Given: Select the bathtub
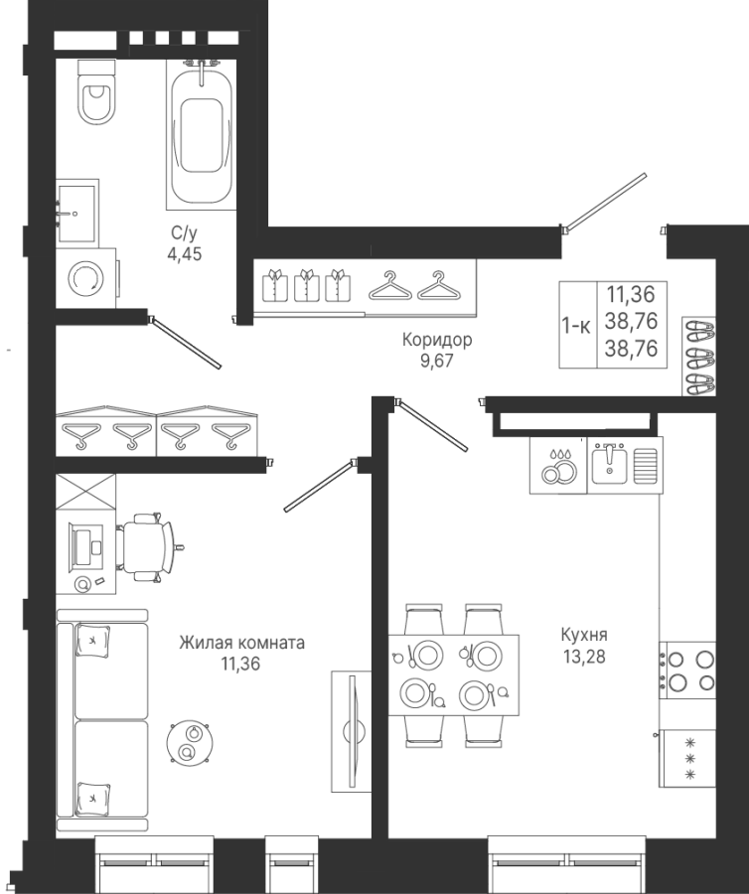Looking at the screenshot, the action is coord(202,133).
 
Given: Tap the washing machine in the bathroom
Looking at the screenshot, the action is coord(86,278).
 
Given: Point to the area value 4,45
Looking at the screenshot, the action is coord(184,253).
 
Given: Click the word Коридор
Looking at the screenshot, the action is coord(437,341).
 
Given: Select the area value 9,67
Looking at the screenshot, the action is coord(437,361).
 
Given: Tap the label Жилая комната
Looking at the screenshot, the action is coord(241,643).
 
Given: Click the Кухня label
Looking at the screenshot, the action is coord(584,635).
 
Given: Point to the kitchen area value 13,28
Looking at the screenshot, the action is coord(584,657).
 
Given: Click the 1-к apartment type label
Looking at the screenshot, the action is coord(576,326).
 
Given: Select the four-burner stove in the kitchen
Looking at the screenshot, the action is coord(687,670).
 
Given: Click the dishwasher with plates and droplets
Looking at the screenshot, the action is coord(558,465).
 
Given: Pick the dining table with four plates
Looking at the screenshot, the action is coord(454,675).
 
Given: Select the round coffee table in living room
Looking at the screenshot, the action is coord(191,742).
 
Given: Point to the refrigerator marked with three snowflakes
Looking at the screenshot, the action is coord(687,758).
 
